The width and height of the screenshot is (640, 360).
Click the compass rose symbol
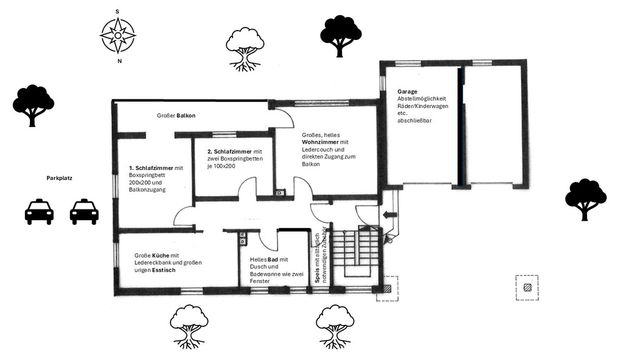coord(118,36)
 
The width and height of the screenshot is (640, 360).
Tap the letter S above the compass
coord(117,11)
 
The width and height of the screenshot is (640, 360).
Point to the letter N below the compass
coord(119,61)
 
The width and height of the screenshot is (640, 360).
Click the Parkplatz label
coord(59,178)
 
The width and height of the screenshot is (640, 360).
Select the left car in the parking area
coord(39,211)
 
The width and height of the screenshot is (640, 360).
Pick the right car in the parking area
coord(84,211)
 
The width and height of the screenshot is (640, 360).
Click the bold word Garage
coord(407,92)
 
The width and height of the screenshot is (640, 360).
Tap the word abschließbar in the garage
coord(414,121)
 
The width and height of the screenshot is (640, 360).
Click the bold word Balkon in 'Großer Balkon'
coord(186,116)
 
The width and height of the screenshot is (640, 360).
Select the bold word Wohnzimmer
coord(321,142)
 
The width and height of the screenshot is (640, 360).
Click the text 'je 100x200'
coord(221,166)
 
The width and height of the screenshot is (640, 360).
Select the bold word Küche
coord(161,256)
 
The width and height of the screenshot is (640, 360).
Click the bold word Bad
coord(272,259)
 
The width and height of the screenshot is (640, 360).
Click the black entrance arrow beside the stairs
coord(390,215)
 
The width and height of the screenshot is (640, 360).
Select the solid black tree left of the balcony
coord(33,105)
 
